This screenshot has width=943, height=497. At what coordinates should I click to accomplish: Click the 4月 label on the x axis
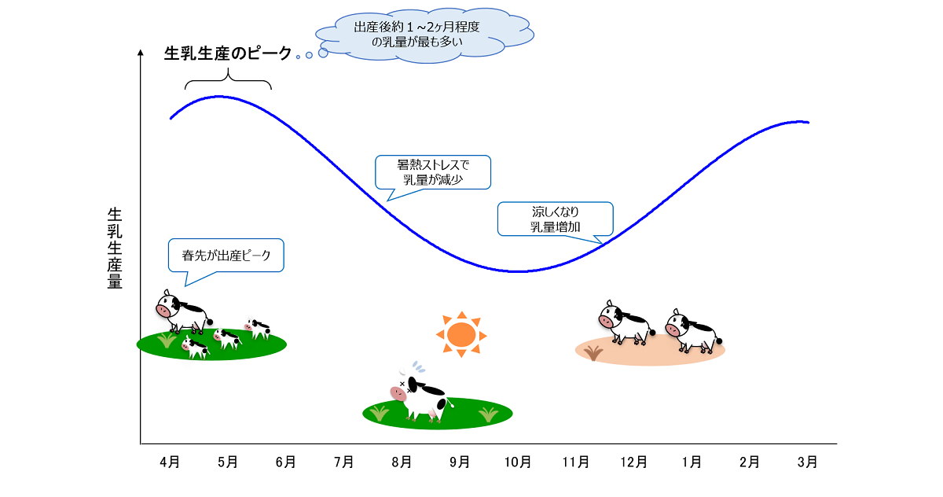[170, 462]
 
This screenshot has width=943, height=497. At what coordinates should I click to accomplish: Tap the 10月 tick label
[517, 462]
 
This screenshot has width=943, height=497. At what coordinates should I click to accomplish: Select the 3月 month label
[807, 462]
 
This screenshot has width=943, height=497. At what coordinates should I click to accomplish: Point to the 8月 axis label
[402, 462]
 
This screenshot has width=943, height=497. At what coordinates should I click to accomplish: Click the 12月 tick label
[633, 462]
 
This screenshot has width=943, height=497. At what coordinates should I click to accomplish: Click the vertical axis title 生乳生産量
[115, 248]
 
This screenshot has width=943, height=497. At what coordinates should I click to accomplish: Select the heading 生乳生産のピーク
[227, 53]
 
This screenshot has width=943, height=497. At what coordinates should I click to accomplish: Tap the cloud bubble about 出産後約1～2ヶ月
[425, 35]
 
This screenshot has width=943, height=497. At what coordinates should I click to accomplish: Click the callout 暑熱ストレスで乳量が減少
[433, 172]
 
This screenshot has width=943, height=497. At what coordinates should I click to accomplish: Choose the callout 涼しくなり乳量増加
[556, 219]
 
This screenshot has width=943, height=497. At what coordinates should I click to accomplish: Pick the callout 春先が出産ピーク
[226, 256]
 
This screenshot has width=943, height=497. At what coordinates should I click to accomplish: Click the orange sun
[461, 335]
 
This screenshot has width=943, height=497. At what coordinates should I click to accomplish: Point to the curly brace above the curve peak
[228, 79]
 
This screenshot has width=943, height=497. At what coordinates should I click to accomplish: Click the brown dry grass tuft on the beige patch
[593, 353]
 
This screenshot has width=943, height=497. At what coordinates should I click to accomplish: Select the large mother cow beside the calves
[183, 311]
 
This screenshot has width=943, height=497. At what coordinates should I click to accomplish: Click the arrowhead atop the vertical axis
[141, 53]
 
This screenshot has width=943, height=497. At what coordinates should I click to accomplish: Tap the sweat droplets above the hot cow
[419, 367]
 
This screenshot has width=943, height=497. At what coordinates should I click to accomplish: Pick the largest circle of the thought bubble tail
[323, 53]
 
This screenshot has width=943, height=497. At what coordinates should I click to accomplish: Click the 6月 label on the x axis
[285, 462]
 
